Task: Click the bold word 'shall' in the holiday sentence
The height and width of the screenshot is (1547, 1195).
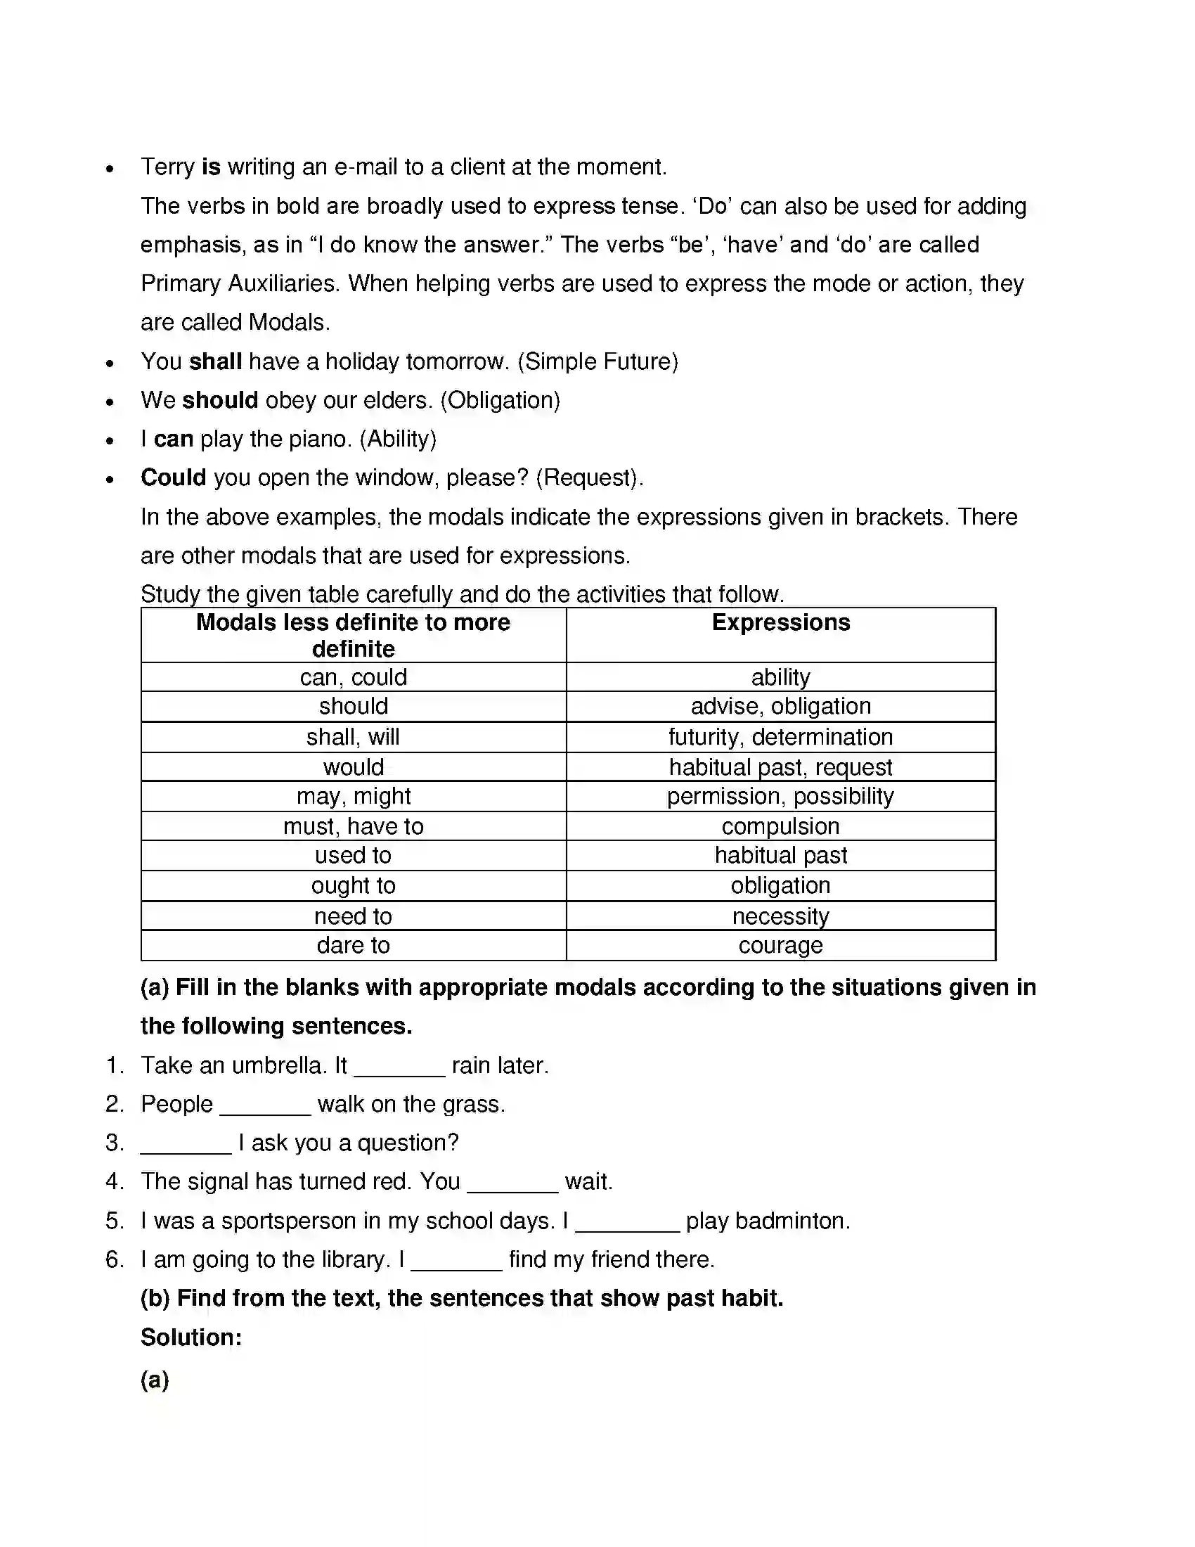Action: pos(216,362)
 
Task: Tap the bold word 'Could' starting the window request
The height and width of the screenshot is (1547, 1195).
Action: pos(174,478)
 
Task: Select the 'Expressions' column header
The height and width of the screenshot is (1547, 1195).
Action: pos(780,622)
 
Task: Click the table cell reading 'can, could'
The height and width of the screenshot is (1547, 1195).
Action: pos(354,678)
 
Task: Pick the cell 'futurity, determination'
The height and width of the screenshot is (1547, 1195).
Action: pos(780,738)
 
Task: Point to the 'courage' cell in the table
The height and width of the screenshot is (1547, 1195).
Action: pos(780,946)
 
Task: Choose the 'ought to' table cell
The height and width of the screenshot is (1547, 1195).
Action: pos(354,886)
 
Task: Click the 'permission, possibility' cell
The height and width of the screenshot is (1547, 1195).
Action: pos(780,797)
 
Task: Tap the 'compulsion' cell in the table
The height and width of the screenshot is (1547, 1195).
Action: pos(780,827)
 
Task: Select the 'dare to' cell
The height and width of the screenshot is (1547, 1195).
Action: pos(354,946)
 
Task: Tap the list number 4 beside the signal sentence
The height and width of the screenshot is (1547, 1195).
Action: pos(113,1182)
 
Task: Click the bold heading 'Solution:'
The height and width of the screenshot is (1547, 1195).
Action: pos(191,1338)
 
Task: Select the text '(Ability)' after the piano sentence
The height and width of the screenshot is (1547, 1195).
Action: pos(398,440)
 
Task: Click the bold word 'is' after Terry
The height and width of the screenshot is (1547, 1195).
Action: pos(211,167)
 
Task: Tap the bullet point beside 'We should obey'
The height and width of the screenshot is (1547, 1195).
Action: pos(110,402)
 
